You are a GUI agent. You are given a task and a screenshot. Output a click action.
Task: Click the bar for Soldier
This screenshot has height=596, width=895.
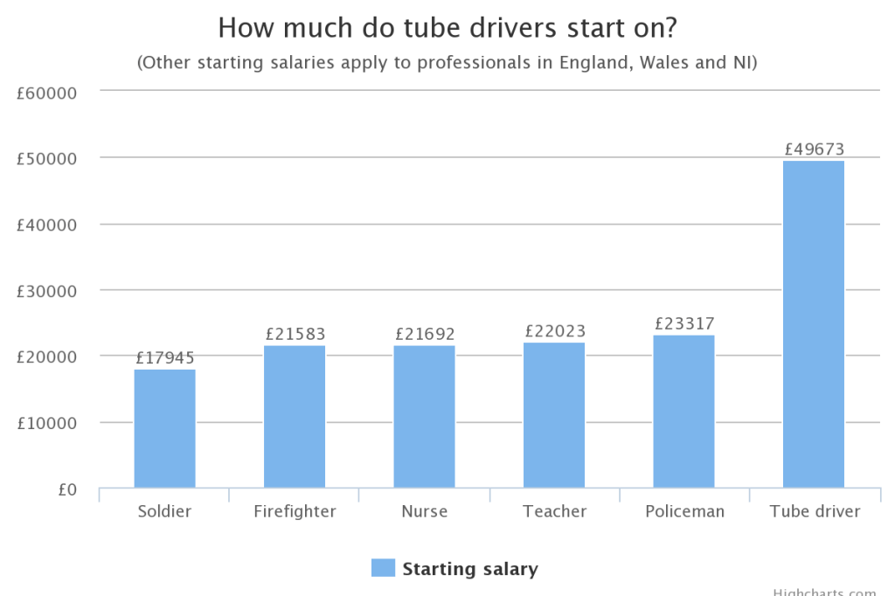tap(164, 428)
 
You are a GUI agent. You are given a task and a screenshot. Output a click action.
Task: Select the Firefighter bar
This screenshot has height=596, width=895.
tap(295, 417)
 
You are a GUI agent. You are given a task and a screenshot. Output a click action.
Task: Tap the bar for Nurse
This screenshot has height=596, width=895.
tap(424, 417)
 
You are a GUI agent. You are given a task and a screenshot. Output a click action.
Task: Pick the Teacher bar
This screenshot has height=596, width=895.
tap(554, 415)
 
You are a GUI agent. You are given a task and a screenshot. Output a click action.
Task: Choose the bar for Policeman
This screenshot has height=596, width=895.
tap(683, 411)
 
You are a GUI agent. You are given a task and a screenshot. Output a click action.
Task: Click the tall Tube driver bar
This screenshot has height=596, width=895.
tap(814, 324)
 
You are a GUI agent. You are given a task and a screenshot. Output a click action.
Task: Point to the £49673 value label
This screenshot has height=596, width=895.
tap(814, 149)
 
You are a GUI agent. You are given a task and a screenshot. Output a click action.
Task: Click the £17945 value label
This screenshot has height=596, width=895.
tap(164, 357)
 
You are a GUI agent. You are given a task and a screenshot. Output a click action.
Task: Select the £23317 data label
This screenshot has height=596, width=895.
tap(683, 322)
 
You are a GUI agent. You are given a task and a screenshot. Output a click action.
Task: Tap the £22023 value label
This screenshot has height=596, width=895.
tap(554, 331)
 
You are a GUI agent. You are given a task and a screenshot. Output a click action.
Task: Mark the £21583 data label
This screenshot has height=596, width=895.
tap(295, 334)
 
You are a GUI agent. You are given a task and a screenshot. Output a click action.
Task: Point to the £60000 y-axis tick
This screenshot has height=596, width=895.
tap(47, 92)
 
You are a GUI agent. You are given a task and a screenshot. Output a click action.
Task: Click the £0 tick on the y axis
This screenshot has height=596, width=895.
tap(67, 489)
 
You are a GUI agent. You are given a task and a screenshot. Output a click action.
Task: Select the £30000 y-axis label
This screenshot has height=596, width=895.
tap(47, 290)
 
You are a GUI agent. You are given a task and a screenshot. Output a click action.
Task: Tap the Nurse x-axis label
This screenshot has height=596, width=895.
tap(424, 512)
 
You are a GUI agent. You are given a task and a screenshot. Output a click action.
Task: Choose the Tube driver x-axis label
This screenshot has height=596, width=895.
tap(815, 512)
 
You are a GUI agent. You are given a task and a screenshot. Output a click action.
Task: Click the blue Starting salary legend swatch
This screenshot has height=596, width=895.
tap(383, 568)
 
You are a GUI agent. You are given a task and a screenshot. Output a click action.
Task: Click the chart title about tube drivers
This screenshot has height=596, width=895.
tap(447, 28)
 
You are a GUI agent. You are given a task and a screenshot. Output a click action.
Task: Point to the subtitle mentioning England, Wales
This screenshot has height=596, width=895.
tap(447, 63)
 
